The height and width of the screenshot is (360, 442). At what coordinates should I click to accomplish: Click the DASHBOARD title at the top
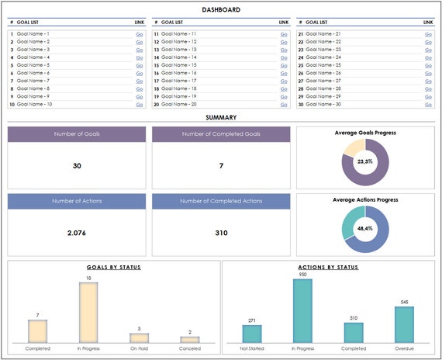coord(221,9)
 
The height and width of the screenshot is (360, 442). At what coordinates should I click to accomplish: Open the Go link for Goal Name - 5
coord(140,65)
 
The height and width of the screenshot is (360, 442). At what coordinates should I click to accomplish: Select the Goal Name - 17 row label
coord(181,81)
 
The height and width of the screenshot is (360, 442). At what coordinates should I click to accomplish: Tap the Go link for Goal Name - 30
coord(428,104)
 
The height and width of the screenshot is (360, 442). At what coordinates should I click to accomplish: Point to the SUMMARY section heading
coord(221,118)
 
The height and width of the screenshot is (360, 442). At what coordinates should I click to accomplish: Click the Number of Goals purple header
coord(76,134)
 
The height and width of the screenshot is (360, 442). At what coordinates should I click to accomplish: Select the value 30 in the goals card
coord(76,165)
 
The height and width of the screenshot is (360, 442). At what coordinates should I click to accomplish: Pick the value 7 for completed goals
coord(221,165)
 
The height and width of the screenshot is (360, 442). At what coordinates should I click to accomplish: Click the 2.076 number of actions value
coord(76,232)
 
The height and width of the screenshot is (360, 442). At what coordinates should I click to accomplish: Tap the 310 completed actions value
coord(221,232)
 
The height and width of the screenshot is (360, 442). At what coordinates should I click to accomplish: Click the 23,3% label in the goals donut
coord(365,161)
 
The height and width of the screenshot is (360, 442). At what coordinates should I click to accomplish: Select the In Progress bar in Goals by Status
coord(88,312)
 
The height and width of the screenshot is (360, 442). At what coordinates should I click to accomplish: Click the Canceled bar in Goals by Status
coord(190,339)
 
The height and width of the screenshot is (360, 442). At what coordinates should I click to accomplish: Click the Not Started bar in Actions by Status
coord(252,334)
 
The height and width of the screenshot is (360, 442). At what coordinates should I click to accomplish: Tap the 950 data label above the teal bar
coord(303,275)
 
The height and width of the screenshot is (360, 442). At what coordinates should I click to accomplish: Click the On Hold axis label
coord(140,348)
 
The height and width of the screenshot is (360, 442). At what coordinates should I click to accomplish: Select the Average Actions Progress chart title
coord(365,199)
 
